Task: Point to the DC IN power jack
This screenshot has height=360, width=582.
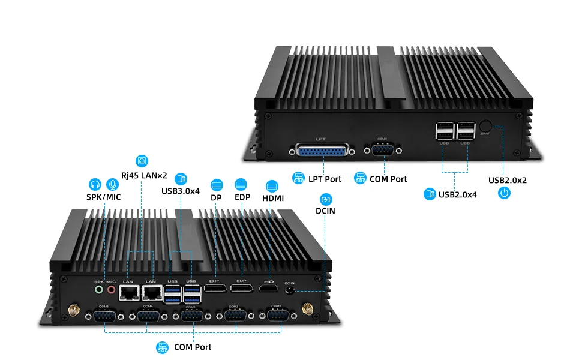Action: pyautogui.click(x=291, y=290)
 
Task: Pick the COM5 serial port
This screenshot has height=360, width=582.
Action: pyautogui.click(x=104, y=316)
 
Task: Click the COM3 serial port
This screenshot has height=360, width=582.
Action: pyautogui.click(x=190, y=316)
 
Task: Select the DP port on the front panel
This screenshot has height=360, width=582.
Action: pyautogui.click(x=214, y=290)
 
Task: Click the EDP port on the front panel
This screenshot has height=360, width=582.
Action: pyautogui.click(x=242, y=290)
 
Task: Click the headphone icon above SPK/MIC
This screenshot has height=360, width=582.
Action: pyautogui.click(x=95, y=184)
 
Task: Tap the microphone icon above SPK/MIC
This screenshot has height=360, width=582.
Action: pyautogui.click(x=112, y=184)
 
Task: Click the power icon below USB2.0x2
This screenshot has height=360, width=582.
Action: pyautogui.click(x=505, y=193)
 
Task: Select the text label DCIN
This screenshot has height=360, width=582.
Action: pyautogui.click(x=326, y=211)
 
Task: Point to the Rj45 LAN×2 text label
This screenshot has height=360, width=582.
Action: pyautogui.click(x=144, y=175)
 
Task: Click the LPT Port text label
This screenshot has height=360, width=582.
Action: pyautogui.click(x=325, y=179)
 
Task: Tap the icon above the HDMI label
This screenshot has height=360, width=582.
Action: pyautogui.click(x=272, y=185)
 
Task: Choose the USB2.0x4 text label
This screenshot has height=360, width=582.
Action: pyautogui.click(x=458, y=194)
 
